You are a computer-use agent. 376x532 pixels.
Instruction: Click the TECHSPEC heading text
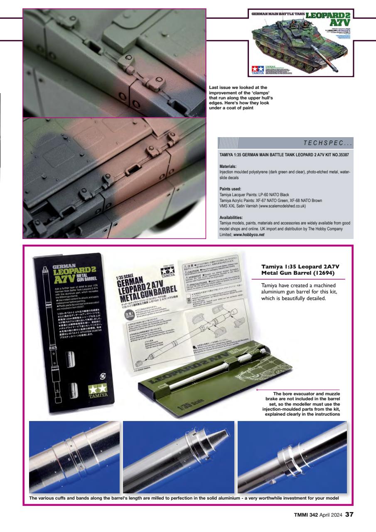328,143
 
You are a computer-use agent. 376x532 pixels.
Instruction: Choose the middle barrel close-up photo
178,457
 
